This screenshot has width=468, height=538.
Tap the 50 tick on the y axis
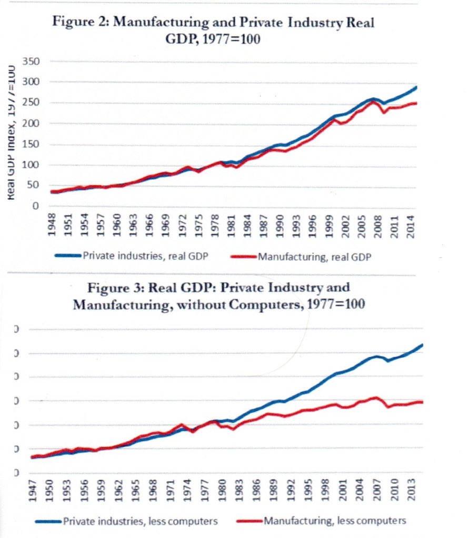(x=34, y=186)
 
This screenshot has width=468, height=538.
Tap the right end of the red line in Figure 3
(x=422, y=402)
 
